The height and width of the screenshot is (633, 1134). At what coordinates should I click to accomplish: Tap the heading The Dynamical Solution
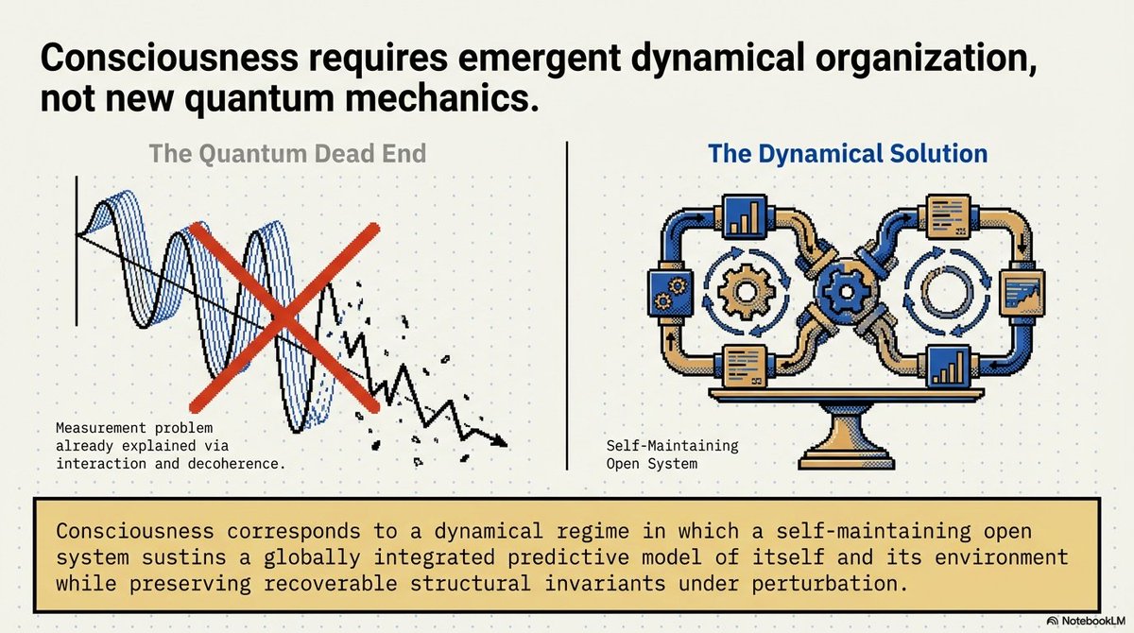(x=848, y=154)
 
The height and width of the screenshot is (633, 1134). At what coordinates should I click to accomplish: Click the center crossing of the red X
(x=282, y=316)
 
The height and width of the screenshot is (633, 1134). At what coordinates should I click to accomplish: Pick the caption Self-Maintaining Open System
(x=672, y=454)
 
